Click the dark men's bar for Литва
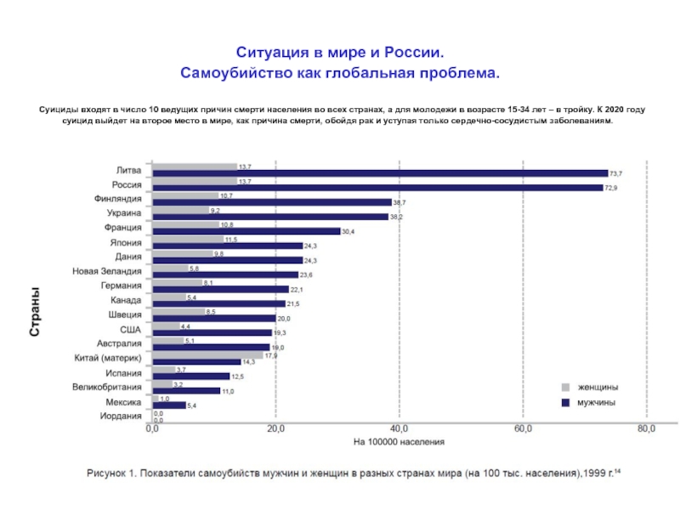click(380, 173)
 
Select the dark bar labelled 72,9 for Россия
click(377, 188)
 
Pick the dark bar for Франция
click(246, 231)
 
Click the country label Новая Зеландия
click(106, 271)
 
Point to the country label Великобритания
click(106, 387)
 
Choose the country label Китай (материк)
click(107, 358)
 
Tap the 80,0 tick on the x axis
click(647, 429)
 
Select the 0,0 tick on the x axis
click(152, 429)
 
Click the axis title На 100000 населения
click(399, 442)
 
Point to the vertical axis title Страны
click(36, 314)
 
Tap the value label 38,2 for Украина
click(396, 217)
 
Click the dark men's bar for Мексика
click(168, 405)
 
